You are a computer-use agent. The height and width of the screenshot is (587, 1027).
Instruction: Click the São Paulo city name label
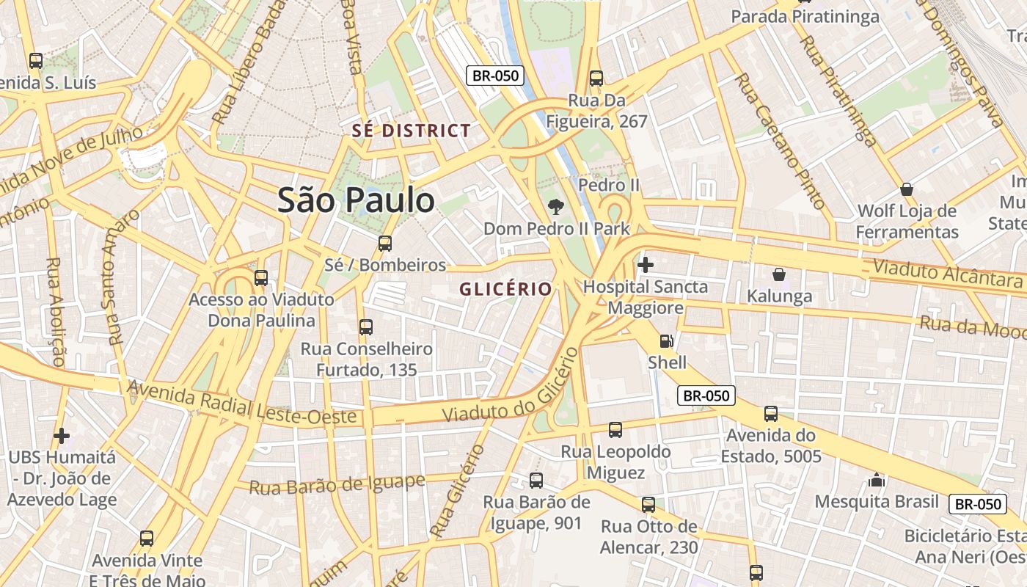coord(356,200)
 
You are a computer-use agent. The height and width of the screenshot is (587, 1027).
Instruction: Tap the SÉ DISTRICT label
coord(412,131)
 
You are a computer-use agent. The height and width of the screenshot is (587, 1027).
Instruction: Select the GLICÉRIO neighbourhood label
coord(505,289)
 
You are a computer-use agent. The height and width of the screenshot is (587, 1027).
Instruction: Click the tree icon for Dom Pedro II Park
coord(556,207)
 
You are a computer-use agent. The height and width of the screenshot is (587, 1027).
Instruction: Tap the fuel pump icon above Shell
coord(666,341)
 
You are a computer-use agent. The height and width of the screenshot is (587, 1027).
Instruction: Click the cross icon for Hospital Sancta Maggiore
coord(646,264)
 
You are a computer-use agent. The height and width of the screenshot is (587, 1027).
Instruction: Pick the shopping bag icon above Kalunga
coord(778,275)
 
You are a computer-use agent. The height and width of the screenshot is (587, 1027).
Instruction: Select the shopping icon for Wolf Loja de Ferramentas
coord(907,189)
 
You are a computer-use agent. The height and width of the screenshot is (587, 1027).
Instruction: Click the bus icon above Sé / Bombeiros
coord(385,244)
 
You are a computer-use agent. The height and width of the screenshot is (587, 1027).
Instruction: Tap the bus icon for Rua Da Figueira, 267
coord(596,79)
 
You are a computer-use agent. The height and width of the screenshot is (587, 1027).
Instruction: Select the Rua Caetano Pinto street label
coord(781,141)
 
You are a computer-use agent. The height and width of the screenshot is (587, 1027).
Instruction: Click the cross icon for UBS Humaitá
coord(62,436)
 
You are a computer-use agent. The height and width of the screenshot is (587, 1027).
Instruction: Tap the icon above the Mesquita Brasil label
coord(877,481)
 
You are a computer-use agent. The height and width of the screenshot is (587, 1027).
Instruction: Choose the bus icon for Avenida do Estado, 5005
coord(771,414)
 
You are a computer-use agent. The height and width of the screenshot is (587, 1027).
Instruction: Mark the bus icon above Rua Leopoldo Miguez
coord(615,430)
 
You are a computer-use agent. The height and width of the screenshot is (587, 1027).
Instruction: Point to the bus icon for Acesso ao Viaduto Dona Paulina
coord(261,278)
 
